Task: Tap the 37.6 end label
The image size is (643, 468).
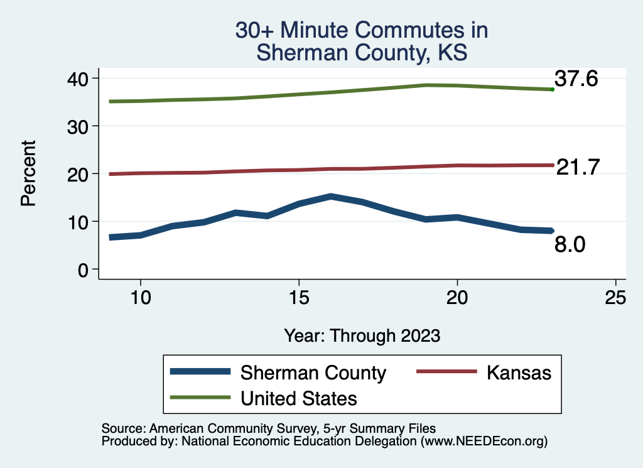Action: point(575,79)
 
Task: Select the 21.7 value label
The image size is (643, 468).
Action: point(578,167)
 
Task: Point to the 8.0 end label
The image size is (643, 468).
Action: point(570,244)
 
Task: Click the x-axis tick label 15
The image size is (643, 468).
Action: point(299,297)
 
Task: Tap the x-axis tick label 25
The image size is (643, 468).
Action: point(616,297)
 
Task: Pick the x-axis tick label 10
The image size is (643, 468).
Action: point(141,297)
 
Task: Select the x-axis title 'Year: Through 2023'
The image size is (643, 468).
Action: point(362,335)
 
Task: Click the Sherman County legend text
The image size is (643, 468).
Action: point(313,373)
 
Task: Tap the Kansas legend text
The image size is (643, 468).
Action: point(519,373)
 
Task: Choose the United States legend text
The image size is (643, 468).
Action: point(299,398)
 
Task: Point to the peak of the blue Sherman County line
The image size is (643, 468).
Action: point(331,197)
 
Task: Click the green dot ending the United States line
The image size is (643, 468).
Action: point(552,90)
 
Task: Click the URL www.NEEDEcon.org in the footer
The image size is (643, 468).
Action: point(482,442)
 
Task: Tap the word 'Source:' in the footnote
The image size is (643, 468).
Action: point(121,428)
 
